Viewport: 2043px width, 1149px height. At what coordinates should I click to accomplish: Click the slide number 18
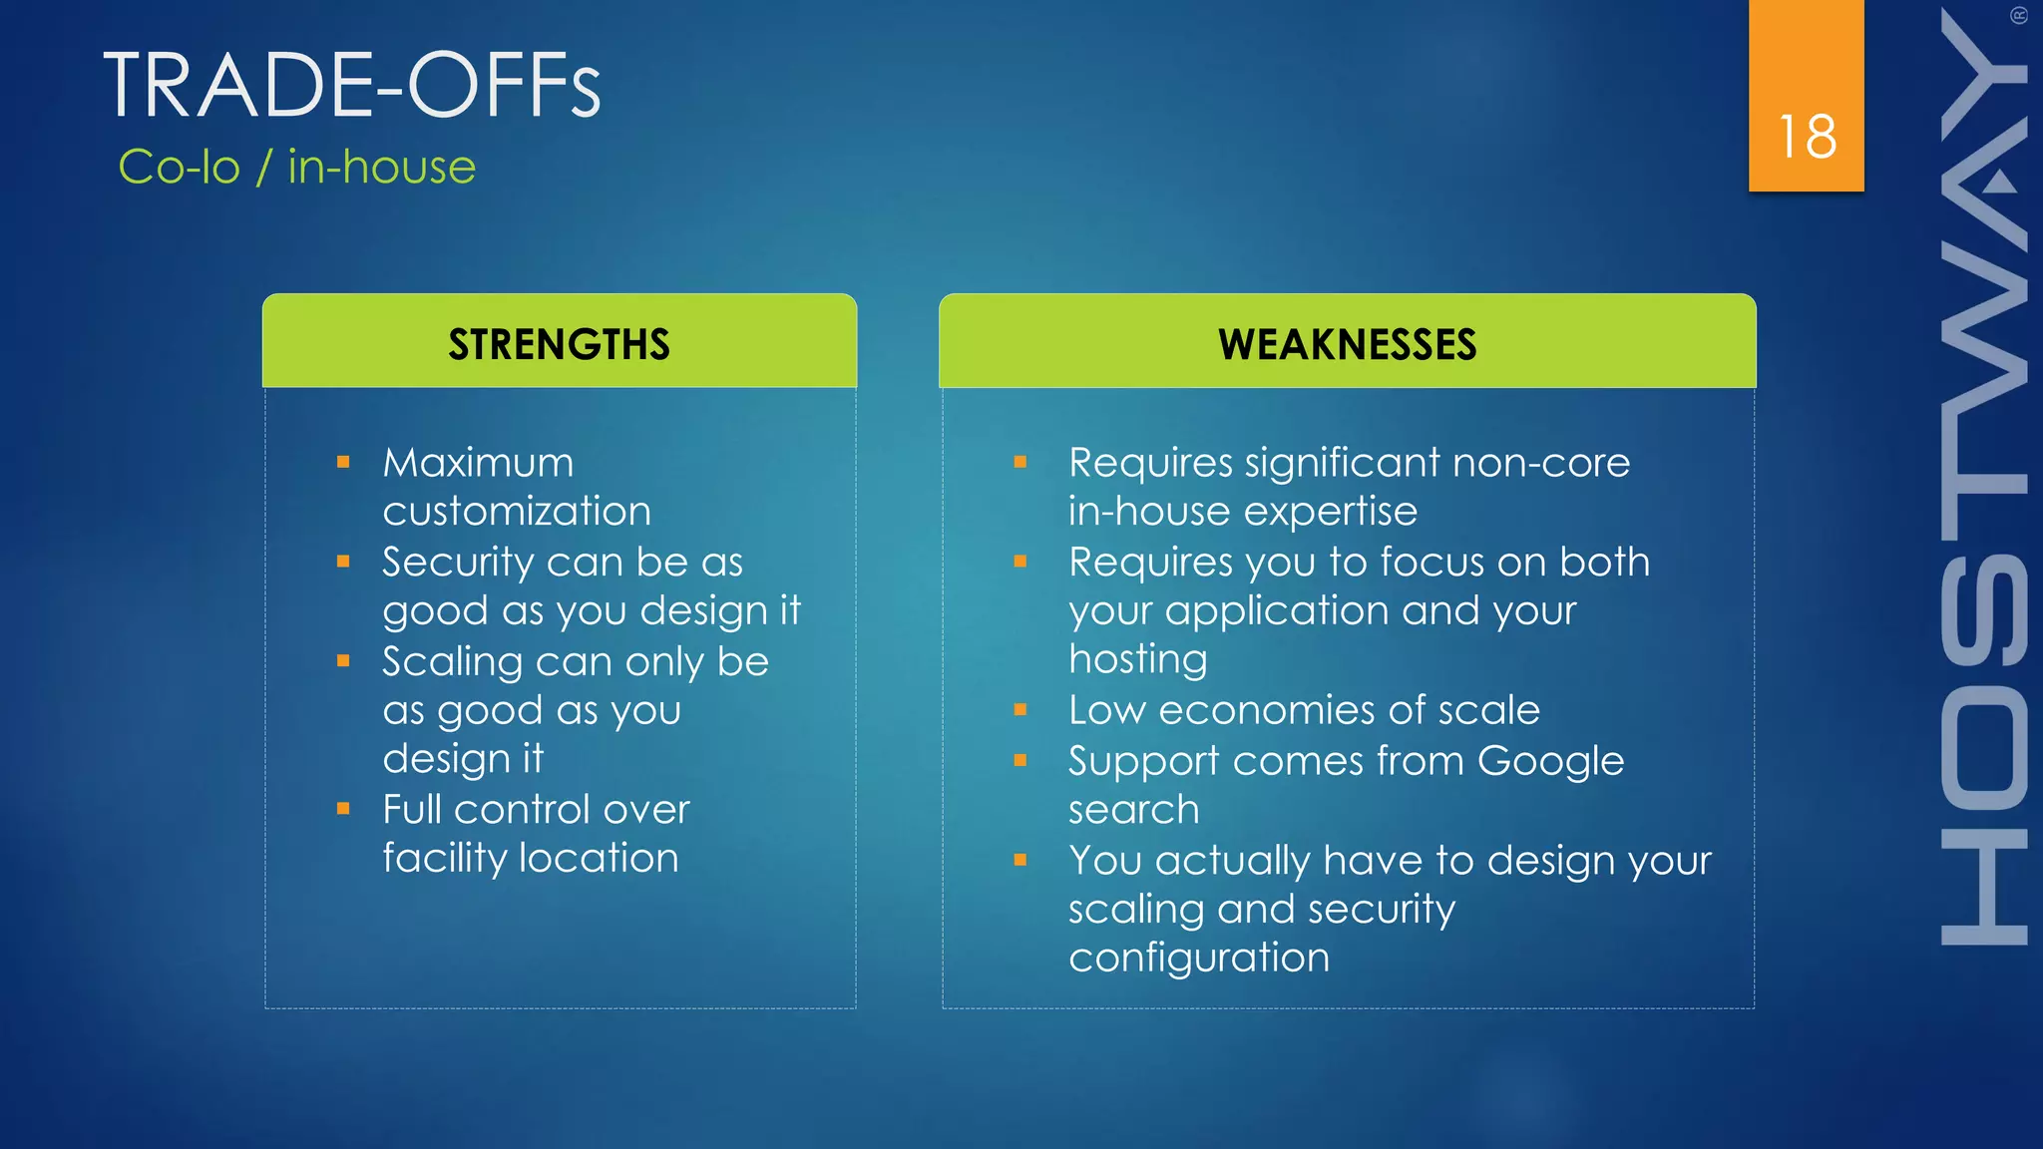1807,137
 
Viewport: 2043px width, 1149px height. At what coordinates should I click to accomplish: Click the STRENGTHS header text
559,344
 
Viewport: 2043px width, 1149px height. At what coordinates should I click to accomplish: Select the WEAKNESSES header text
1347,344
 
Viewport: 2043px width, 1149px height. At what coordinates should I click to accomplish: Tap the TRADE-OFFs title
352,86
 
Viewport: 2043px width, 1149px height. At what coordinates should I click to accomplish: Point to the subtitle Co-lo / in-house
296,167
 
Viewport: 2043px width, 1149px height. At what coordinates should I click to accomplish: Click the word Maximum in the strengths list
478,463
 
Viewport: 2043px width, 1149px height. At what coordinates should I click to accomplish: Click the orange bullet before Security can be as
343,562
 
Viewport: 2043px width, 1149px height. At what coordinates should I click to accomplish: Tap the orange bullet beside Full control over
343,809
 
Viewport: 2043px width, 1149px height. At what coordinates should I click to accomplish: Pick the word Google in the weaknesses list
1550,762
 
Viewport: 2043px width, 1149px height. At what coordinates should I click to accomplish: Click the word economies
1266,710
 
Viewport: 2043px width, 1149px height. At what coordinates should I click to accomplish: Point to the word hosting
1137,659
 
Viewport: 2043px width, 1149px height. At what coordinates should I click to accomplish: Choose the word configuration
1198,957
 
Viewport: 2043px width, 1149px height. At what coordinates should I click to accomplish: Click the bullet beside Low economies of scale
1020,710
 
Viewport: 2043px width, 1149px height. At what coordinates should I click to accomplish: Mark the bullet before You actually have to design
1020,860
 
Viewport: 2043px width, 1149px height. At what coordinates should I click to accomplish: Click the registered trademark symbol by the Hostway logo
2018,15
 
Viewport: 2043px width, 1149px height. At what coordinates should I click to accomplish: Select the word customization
517,512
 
